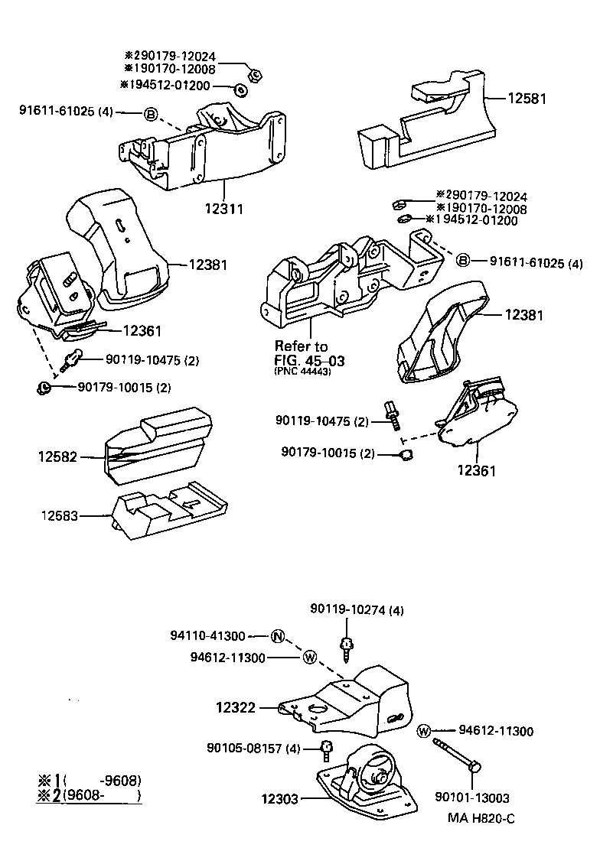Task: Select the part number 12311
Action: [224, 208]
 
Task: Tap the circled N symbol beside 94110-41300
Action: [278, 635]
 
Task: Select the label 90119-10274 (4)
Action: [357, 609]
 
